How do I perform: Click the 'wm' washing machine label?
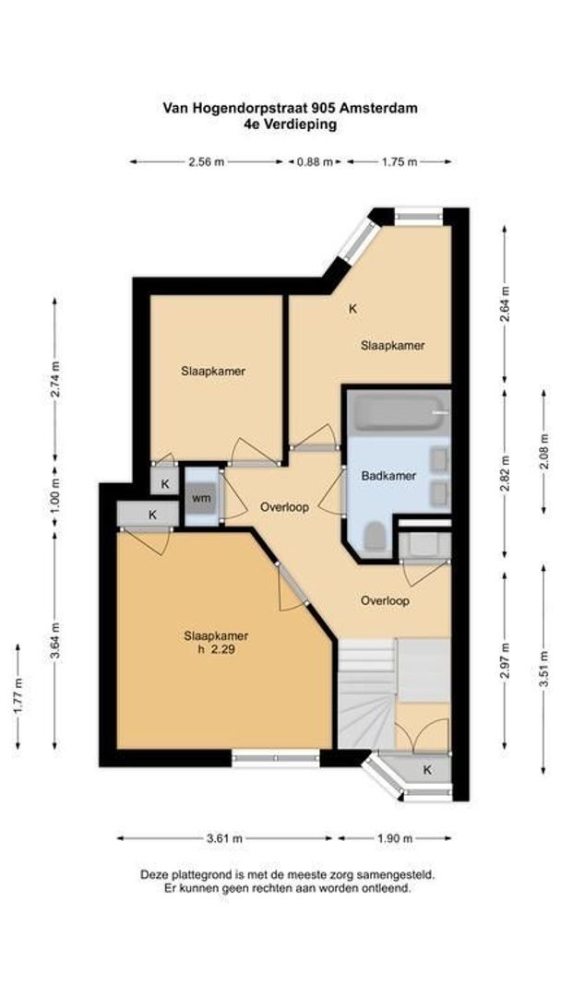201,498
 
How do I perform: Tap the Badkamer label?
388,476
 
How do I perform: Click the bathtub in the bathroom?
396,412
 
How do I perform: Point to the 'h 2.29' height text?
216,650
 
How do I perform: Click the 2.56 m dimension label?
206,161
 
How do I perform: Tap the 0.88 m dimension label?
314,161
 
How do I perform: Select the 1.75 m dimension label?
399,161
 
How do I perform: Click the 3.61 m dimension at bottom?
226,838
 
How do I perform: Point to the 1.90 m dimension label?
395,838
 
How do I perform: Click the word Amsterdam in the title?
382,108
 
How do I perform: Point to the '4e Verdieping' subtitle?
290,124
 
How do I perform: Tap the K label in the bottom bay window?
426,769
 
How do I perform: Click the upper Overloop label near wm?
283,507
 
